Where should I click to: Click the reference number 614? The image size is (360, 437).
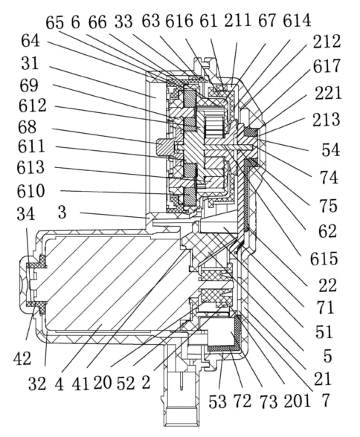[x=297, y=20]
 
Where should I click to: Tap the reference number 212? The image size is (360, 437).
[x=327, y=42]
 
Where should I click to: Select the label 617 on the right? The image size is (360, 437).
[x=327, y=66]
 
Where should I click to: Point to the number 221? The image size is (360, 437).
[x=328, y=93]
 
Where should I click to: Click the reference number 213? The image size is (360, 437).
[x=326, y=120]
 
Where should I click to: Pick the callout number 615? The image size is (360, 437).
[x=324, y=259]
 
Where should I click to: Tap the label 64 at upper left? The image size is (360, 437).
[x=30, y=41]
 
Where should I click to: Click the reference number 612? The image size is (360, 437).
[x=32, y=106]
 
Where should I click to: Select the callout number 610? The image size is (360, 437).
[x=31, y=191]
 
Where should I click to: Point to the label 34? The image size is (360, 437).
[x=25, y=214]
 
